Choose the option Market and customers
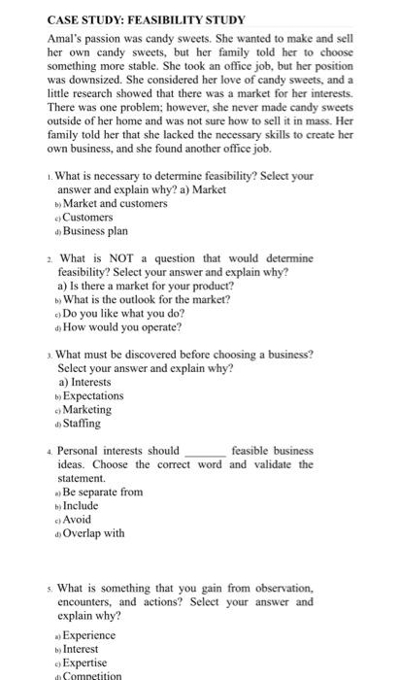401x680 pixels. [115, 204]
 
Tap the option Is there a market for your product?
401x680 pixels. [146, 287]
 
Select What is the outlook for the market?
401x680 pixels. [146, 300]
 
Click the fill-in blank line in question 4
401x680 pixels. [204, 453]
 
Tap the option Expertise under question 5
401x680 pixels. [86, 663]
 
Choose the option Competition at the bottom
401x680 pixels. [92, 675]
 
